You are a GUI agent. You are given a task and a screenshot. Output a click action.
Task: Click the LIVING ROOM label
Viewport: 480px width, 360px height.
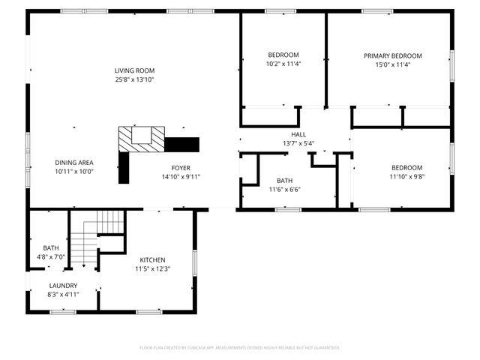click(135, 70)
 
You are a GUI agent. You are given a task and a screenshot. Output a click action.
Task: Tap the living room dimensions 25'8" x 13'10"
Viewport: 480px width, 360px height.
click(135, 79)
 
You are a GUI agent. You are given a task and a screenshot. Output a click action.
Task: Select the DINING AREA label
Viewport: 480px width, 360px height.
click(73, 162)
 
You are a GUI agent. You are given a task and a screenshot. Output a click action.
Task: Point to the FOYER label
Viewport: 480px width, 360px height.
click(181, 168)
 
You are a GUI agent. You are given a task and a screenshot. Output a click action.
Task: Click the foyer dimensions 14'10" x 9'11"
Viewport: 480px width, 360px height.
click(181, 177)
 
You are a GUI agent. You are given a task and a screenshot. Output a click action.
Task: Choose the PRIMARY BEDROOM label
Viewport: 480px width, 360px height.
click(392, 55)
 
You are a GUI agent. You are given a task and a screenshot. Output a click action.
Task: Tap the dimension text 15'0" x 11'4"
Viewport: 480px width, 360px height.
click(392, 64)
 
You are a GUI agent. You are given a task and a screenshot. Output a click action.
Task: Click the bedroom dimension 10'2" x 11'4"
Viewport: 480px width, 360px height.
click(283, 64)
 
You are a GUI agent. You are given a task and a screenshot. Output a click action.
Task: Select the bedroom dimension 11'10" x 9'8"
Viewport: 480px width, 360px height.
click(406, 177)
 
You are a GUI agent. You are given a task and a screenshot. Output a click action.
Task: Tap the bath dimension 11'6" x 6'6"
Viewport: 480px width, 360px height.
click(284, 190)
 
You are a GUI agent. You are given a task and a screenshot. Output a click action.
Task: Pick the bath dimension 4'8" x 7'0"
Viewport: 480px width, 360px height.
click(51, 257)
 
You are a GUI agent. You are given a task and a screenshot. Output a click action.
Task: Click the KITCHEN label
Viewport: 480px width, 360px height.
click(152, 259)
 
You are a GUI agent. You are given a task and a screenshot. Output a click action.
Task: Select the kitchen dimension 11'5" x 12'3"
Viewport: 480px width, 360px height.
click(152, 268)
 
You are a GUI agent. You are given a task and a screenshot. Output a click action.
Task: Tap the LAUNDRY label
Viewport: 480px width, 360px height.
click(63, 286)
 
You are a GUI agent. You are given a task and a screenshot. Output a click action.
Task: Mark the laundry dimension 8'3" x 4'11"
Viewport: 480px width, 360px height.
click(63, 295)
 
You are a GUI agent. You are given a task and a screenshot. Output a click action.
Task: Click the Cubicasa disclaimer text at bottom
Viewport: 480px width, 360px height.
click(240, 348)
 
